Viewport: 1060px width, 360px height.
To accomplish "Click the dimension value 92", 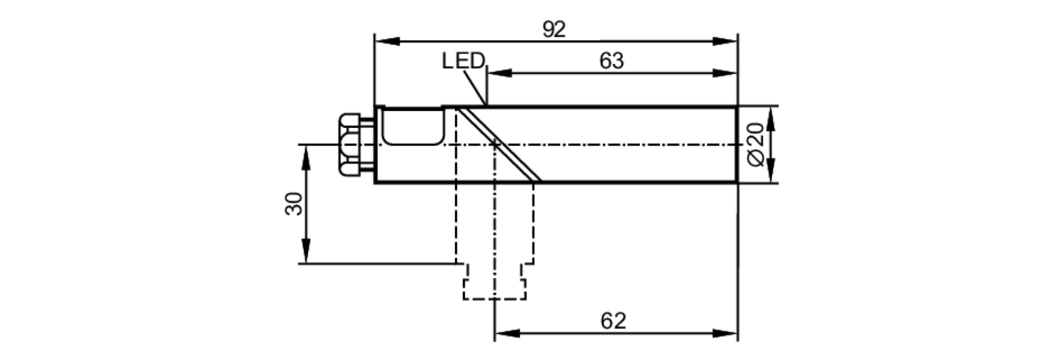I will (x=554, y=30).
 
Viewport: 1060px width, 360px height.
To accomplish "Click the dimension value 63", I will (x=612, y=62).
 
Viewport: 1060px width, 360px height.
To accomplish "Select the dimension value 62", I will (x=613, y=321).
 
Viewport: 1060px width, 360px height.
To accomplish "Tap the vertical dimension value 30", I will (x=294, y=204).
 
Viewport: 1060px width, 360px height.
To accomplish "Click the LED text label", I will (x=463, y=61).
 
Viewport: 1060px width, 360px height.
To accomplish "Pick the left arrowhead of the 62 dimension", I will (x=506, y=333).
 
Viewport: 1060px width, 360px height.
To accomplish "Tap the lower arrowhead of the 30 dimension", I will (x=306, y=251).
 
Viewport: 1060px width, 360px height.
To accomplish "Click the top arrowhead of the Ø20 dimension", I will (x=770, y=120).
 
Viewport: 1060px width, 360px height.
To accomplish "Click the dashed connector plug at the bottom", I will (x=494, y=281).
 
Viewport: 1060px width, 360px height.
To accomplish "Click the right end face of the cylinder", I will (x=737, y=145).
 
